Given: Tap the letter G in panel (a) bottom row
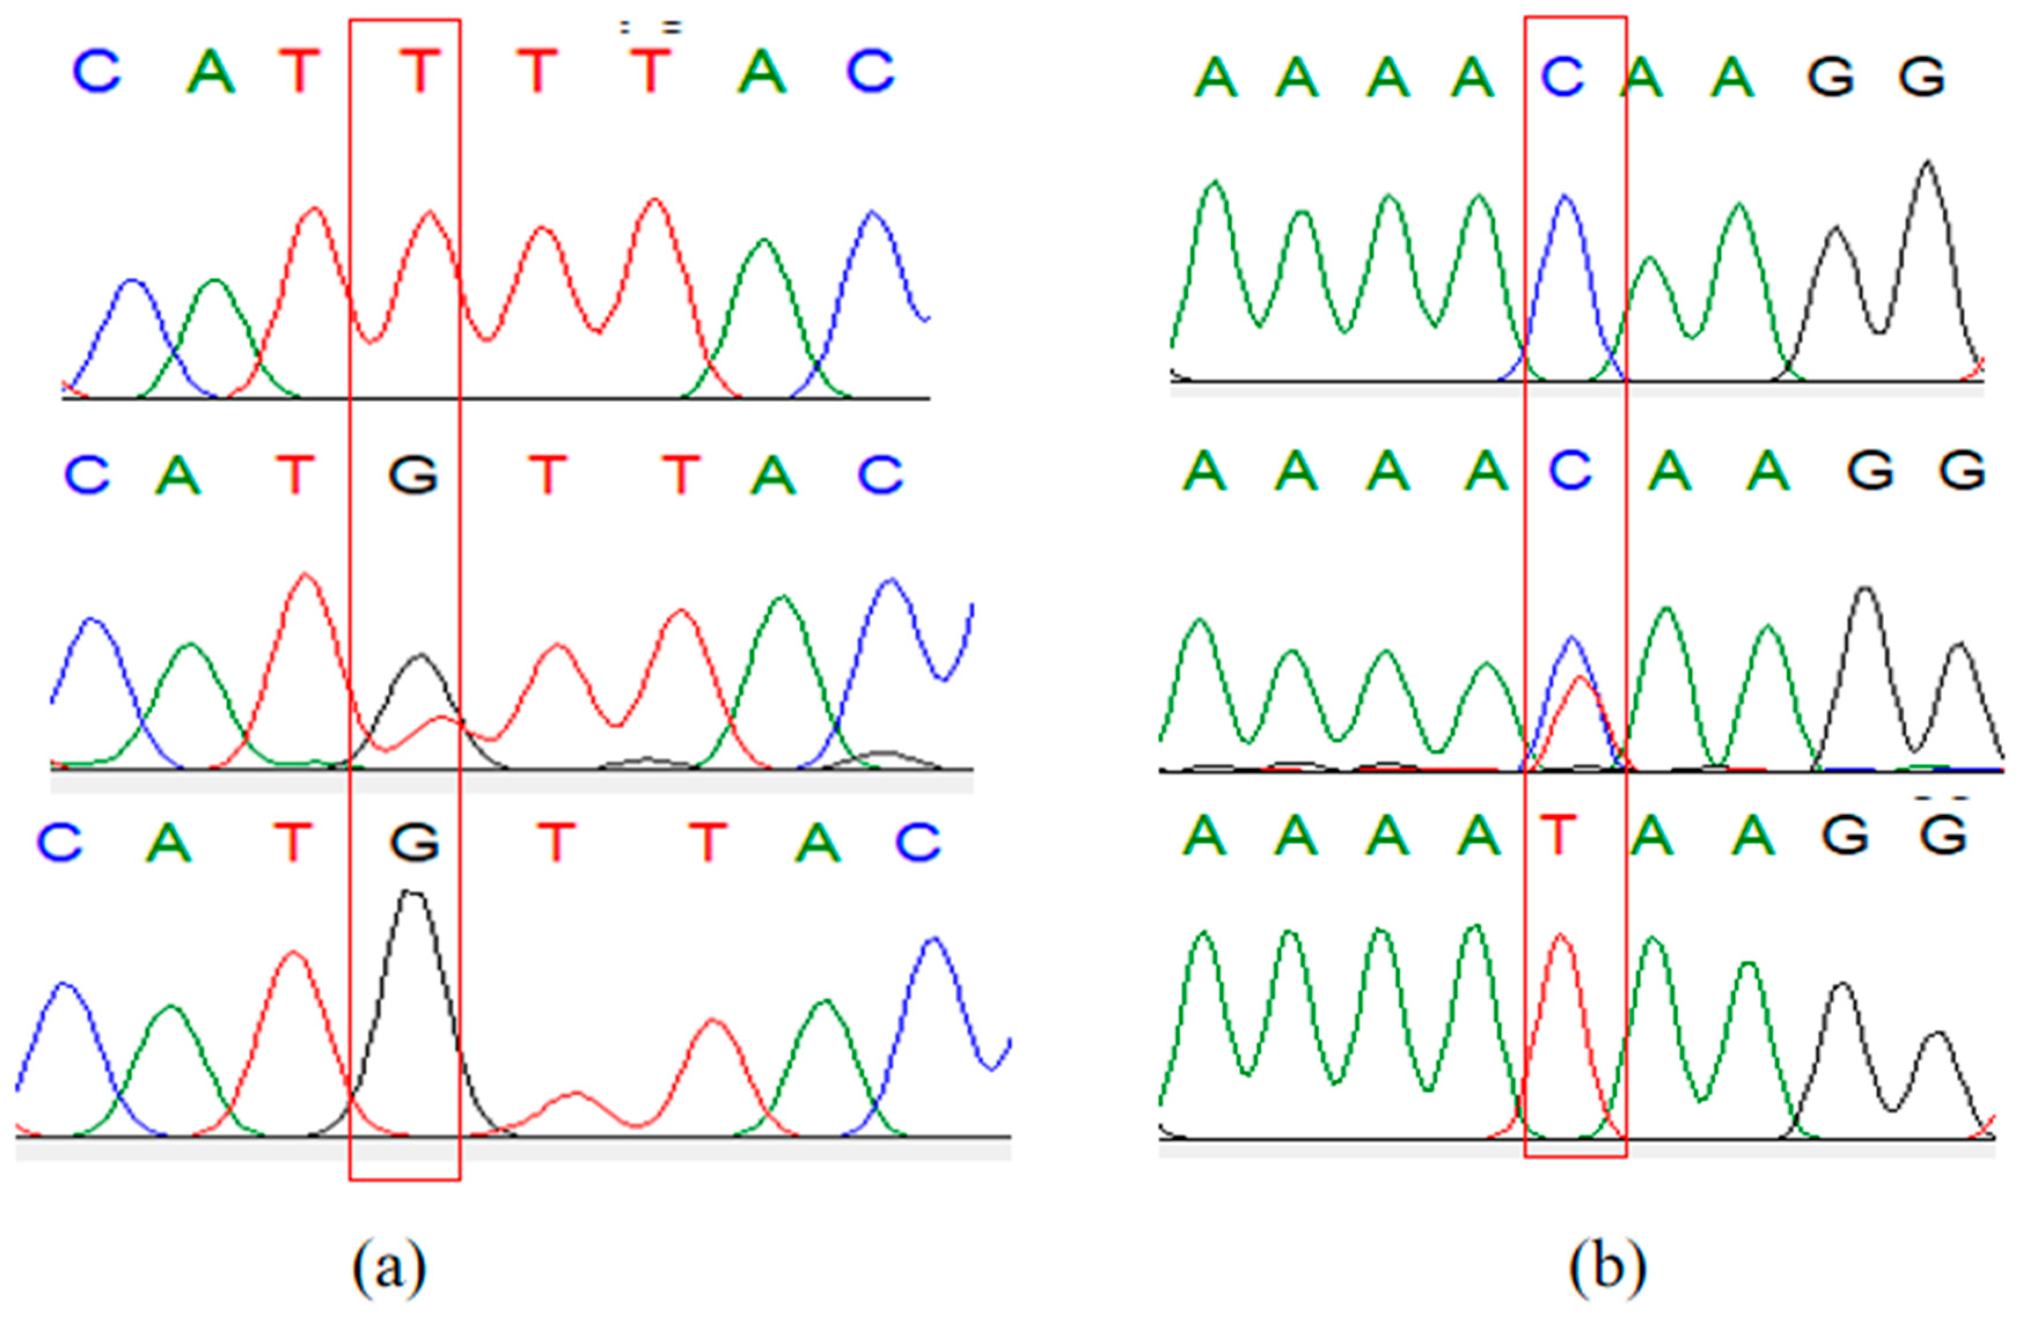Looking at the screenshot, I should coord(415,843).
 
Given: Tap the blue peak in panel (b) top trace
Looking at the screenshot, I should coord(1564,198).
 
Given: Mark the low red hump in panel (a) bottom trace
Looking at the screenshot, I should coord(575,1094).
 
